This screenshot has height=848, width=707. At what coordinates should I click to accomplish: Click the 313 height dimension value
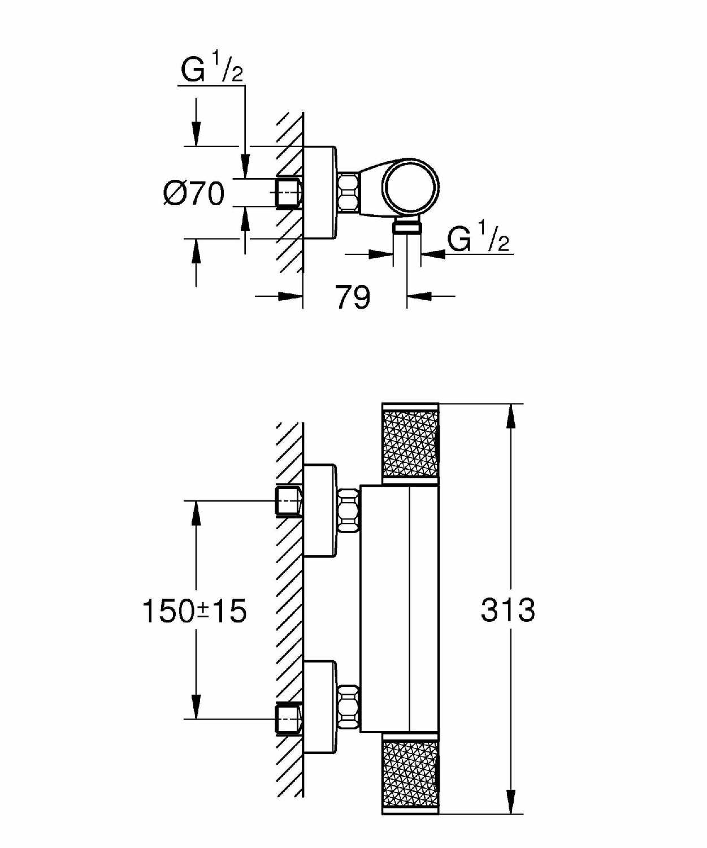coord(508,609)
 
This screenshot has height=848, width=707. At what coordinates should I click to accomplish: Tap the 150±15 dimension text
coord(195,612)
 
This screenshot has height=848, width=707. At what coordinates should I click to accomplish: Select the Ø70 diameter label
coord(194,193)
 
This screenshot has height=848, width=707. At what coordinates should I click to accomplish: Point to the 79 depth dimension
coord(353,297)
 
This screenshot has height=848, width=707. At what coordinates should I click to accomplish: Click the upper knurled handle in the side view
coord(410,444)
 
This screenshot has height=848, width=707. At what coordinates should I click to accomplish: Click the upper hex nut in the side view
coord(349,510)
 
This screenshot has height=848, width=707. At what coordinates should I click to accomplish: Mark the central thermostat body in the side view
coord(400,609)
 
